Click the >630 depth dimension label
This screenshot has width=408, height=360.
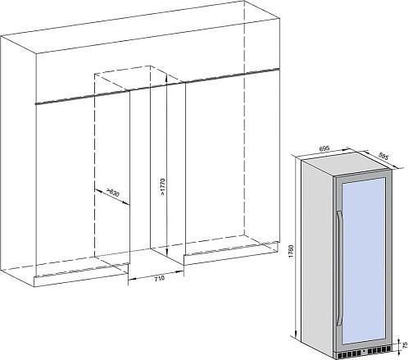113,193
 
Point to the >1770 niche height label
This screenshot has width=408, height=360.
162,186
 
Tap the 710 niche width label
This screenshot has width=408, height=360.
160,278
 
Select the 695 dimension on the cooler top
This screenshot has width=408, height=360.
324,149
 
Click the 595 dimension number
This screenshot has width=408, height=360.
383,157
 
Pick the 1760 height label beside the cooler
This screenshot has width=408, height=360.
291,252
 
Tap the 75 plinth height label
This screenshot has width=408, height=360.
405,344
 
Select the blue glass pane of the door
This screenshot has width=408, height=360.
363,261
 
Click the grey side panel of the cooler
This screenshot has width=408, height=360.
318,257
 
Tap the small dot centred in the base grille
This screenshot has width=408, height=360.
364,351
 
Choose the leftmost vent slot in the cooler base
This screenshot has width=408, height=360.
340,355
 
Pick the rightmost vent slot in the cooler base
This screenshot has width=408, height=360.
389,348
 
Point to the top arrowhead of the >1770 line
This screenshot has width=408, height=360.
166,77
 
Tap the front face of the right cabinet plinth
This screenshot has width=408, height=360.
231,253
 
